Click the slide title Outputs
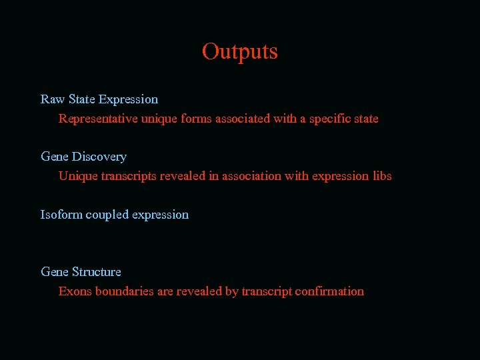coord(239,51)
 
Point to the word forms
coord(195,119)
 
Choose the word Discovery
coord(99,157)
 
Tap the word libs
coord(382,176)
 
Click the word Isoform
coord(61,215)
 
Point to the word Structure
coord(97,272)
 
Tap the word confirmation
coord(329,291)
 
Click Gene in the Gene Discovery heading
coord(55,157)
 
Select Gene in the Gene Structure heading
coord(55,272)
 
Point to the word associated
coord(242,119)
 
